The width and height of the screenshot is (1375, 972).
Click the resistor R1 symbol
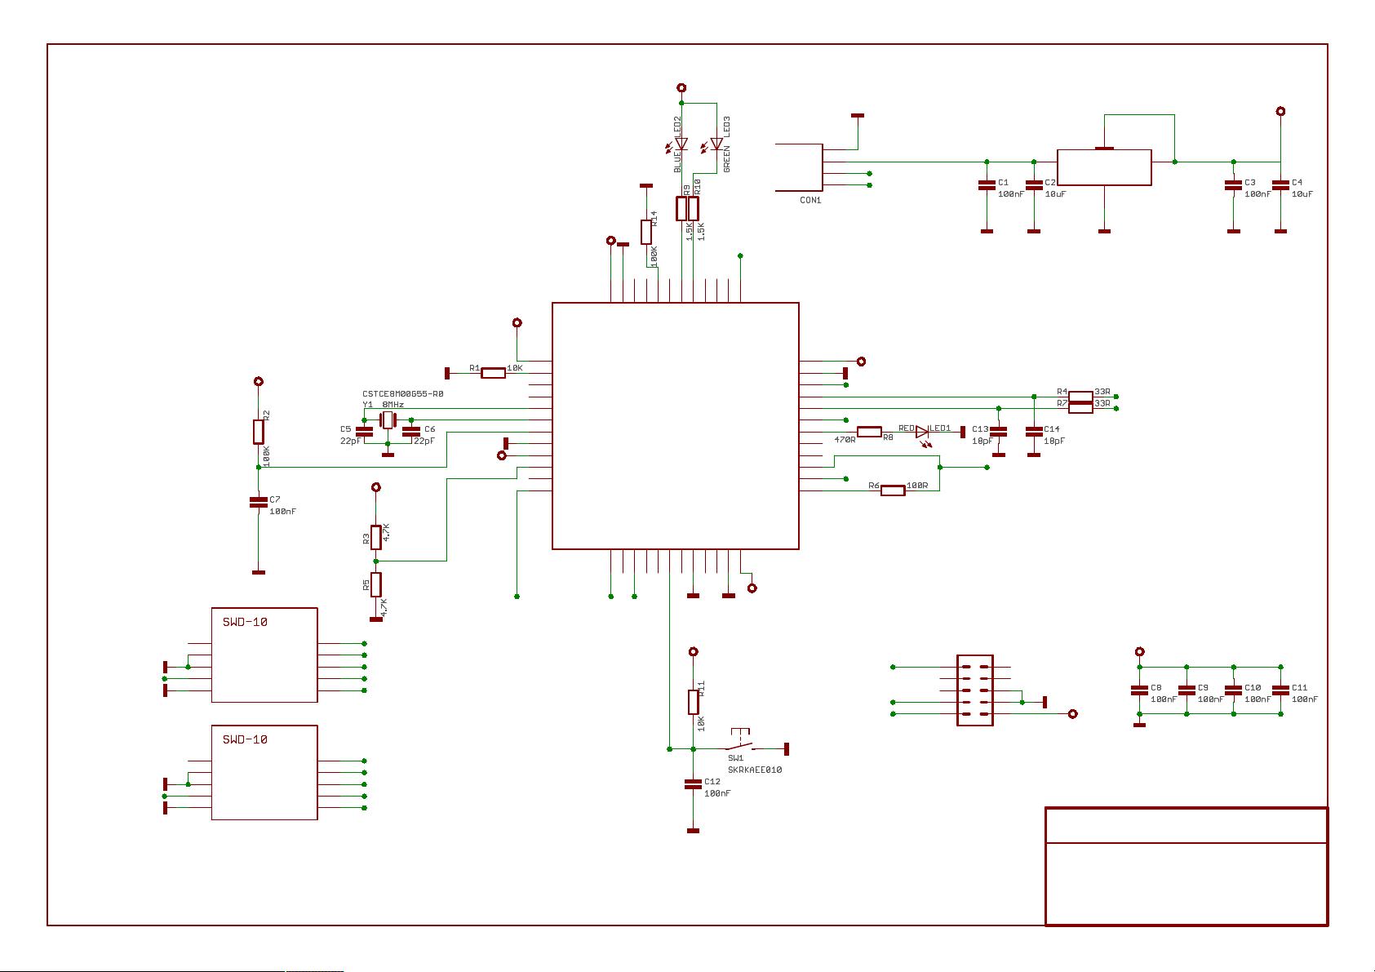point(493,373)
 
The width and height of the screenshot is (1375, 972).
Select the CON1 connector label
point(810,200)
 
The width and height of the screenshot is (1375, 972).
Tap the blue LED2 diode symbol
point(682,144)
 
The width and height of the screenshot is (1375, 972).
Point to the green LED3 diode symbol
point(716,144)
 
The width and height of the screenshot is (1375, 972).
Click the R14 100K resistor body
point(646,232)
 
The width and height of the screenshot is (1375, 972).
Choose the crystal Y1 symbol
point(388,420)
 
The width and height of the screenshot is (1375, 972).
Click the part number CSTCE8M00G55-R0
point(402,393)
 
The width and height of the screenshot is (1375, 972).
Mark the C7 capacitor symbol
point(259,503)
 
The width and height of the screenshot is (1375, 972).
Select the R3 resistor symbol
point(376,536)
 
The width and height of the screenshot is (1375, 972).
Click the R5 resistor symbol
point(376,584)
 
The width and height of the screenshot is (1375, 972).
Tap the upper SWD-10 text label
point(245,622)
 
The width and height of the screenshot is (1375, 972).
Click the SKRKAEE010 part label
point(754,770)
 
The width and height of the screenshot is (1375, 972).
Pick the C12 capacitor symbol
point(693,784)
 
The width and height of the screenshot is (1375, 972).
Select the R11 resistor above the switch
point(694,702)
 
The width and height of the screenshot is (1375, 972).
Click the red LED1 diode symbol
point(923,432)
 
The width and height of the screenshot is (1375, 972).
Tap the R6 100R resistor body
point(893,490)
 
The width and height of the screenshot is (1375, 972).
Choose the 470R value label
point(844,440)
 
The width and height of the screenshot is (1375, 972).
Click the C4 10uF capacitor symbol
point(1280,186)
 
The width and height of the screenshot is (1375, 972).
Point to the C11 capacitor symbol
point(1280,690)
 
